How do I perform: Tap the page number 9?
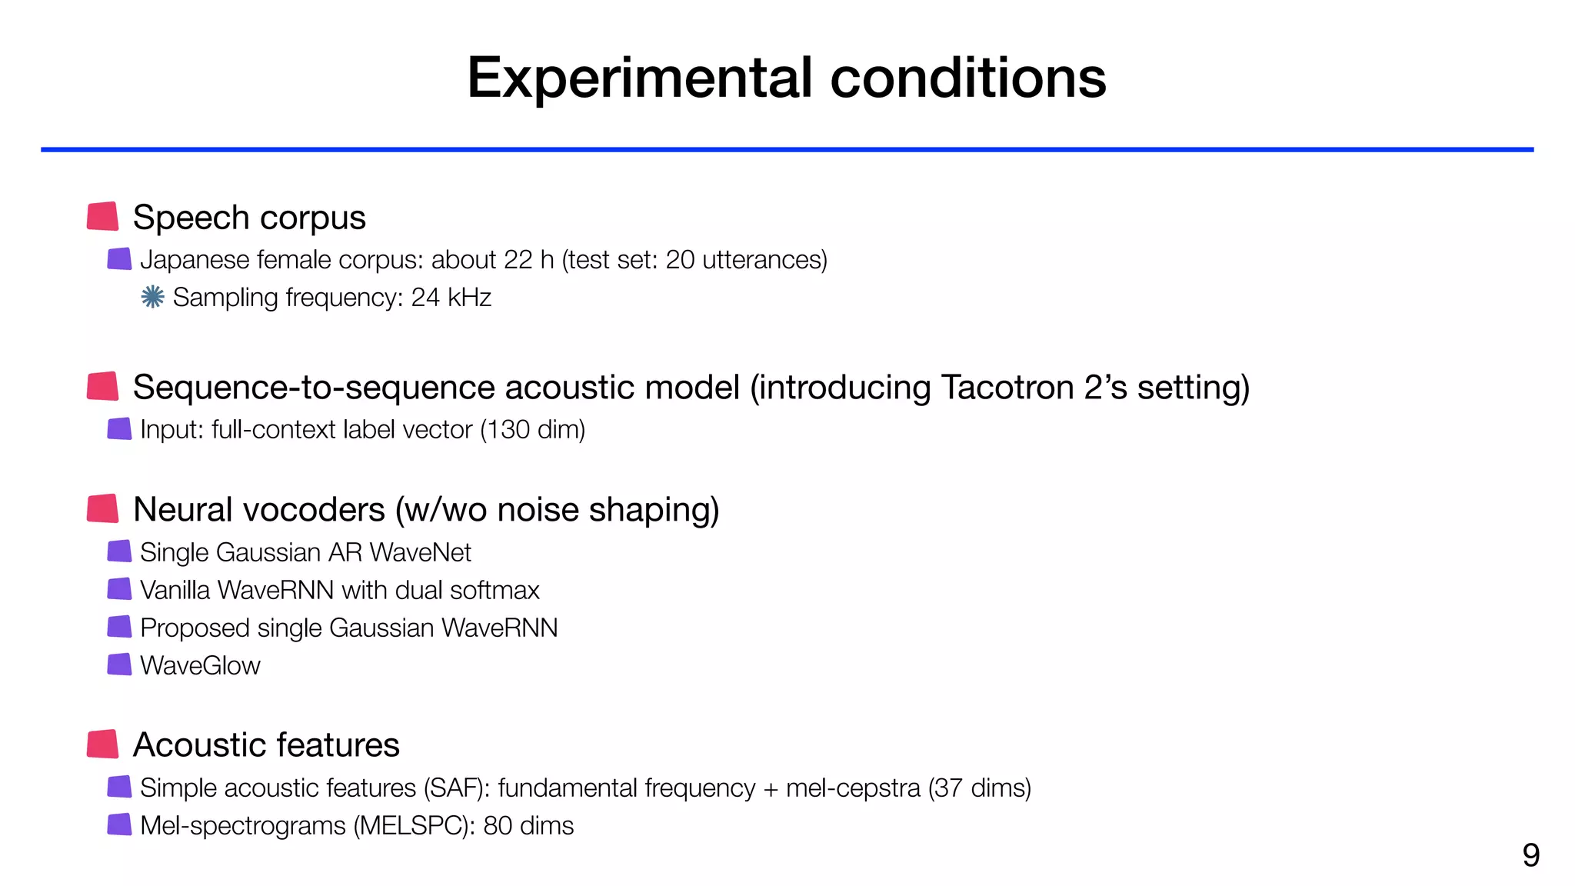(1530, 855)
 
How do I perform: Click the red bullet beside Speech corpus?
(102, 217)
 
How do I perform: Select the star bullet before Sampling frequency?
(152, 297)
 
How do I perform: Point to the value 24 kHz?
(451, 298)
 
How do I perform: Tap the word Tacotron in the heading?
(1007, 387)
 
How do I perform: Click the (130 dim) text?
(532, 429)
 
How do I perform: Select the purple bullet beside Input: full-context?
(119, 429)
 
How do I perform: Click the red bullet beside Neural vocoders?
(102, 509)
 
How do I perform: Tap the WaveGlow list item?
(200, 665)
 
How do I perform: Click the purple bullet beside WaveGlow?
(119, 664)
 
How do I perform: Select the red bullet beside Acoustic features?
(102, 744)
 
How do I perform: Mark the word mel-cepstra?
(853, 788)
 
